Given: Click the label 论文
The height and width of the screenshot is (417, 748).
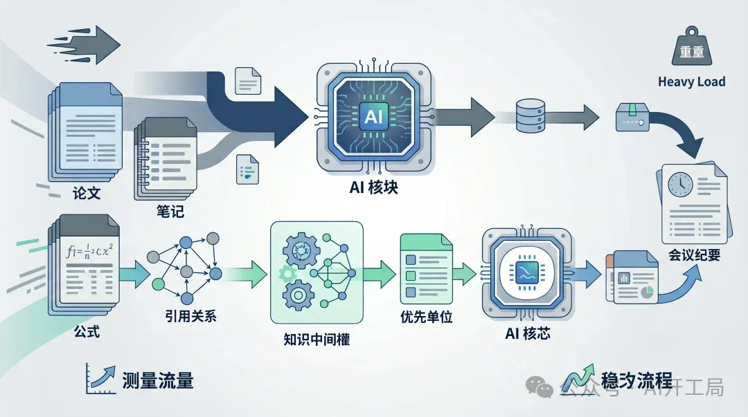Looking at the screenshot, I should click(87, 193).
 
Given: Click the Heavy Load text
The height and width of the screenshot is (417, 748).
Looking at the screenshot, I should click(691, 82).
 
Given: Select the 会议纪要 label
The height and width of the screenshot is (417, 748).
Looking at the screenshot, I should click(695, 255).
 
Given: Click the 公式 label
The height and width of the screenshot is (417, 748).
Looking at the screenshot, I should click(87, 331).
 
